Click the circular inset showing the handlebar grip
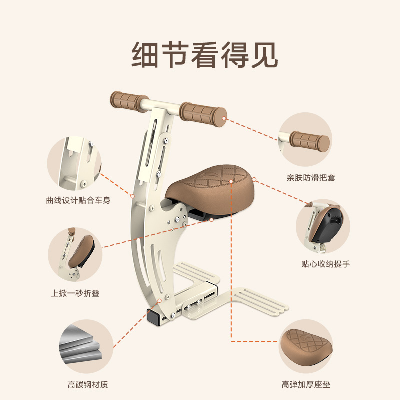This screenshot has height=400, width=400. (305, 139)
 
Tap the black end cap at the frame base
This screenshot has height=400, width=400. (152, 317)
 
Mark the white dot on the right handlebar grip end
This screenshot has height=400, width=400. (225, 119)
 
